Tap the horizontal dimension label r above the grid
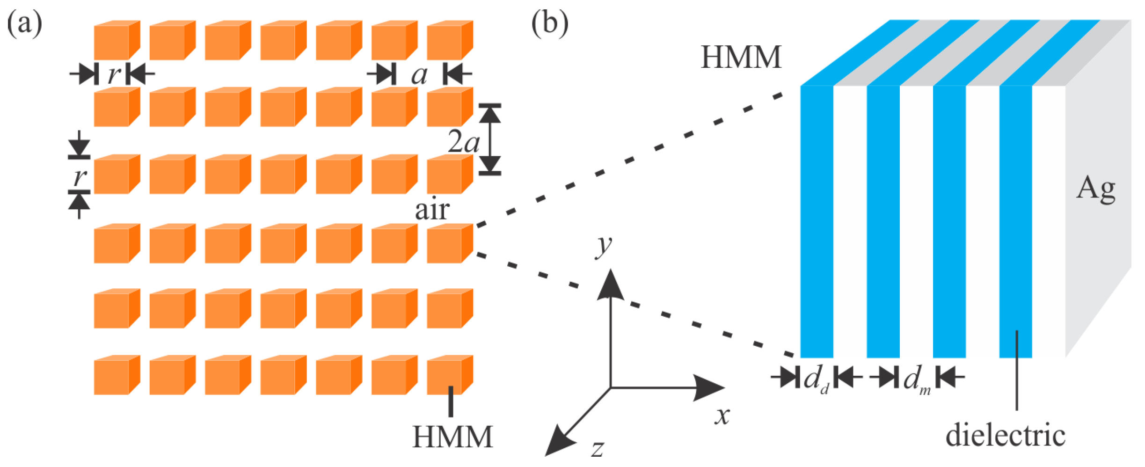[113, 74]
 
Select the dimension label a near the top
[419, 75]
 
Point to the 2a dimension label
[463, 141]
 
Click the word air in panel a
[432, 210]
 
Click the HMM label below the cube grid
[452, 437]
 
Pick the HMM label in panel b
[741, 57]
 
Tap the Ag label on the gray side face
[1095, 189]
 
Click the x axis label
[722, 416]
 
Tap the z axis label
[598, 448]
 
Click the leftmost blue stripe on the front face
[817, 220]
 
